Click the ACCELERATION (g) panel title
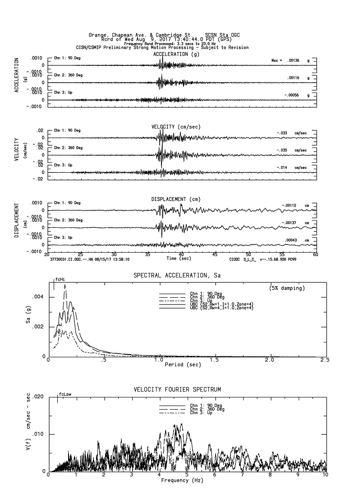(176, 54)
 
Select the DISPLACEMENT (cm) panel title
(176, 199)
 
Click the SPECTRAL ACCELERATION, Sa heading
(177, 275)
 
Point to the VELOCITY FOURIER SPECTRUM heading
(177, 389)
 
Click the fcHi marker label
(60, 279)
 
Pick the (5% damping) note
(287, 287)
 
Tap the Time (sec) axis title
(179, 259)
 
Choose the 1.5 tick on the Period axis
(214, 360)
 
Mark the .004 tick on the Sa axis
(39, 297)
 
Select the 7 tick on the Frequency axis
(243, 475)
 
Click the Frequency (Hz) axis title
(181, 480)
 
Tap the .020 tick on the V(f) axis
(38, 397)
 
